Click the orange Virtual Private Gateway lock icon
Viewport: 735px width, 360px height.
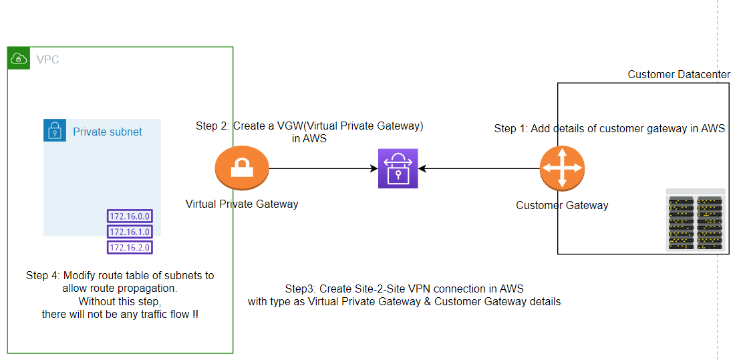[x=242, y=169]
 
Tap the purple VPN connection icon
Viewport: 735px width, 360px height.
[x=398, y=168]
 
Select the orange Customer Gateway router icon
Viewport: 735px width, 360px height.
[x=562, y=168]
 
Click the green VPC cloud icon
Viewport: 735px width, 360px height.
[x=19, y=58]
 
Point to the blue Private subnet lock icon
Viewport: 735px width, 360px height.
[x=55, y=131]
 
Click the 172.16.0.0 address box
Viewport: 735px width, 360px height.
[x=130, y=216]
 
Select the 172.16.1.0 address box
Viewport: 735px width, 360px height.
[x=130, y=232]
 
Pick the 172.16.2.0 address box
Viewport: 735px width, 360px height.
[x=130, y=248]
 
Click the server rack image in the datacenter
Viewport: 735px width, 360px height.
[x=696, y=220]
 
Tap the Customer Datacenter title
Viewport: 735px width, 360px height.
[x=679, y=74]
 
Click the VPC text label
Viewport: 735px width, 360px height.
[x=48, y=60]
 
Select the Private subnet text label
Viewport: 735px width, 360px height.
[x=107, y=132]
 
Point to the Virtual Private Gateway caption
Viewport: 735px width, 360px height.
[x=242, y=204]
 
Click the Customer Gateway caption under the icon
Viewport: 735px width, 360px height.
[x=562, y=205]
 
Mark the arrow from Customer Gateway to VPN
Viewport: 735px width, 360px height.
[x=478, y=169]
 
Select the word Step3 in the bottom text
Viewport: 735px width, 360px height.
[x=299, y=289]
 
